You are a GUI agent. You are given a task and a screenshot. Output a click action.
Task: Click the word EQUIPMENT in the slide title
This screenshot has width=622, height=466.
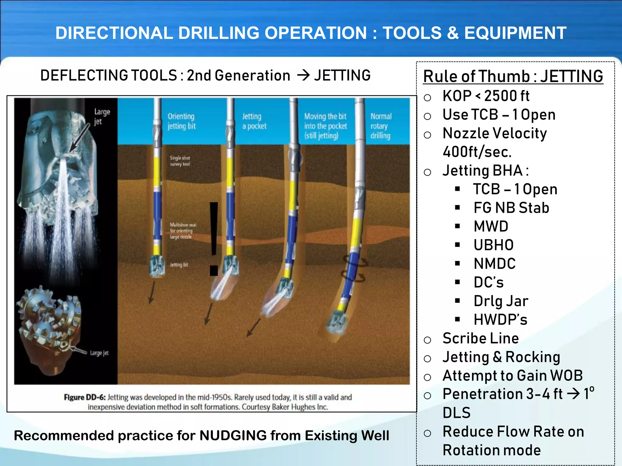click(515, 33)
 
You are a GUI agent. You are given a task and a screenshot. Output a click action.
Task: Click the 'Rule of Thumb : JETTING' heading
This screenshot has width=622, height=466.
click(513, 76)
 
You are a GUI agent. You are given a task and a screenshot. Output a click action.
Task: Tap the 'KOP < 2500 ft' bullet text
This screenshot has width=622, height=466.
click(486, 96)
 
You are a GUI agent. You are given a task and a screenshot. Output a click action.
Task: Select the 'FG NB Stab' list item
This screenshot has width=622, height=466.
click(511, 208)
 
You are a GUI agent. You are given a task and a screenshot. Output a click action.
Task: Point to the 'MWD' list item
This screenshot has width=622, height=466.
click(491, 227)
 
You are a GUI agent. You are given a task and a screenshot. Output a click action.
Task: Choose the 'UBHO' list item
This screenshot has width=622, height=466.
click(494, 245)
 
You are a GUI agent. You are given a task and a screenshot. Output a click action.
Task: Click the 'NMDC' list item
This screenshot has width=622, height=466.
click(494, 264)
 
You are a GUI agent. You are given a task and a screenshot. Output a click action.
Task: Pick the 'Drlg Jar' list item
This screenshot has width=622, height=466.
click(501, 301)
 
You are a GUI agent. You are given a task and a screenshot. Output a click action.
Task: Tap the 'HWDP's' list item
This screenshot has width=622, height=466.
click(500, 320)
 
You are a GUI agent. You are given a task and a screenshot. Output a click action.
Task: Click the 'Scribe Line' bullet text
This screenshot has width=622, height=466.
click(480, 338)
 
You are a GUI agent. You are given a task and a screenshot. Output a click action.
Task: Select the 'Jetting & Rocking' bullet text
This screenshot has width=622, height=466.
click(501, 357)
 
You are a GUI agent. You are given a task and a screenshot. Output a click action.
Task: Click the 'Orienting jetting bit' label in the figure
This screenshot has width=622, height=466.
click(182, 121)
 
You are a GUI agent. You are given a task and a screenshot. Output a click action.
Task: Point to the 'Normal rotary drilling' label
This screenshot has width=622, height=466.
click(381, 126)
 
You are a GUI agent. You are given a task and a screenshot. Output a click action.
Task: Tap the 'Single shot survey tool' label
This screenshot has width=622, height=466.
click(180, 161)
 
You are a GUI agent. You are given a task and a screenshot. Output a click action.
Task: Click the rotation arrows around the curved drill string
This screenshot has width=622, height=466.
click(355, 269)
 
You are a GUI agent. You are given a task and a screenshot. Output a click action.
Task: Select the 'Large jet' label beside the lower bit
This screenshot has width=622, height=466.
click(99, 353)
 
